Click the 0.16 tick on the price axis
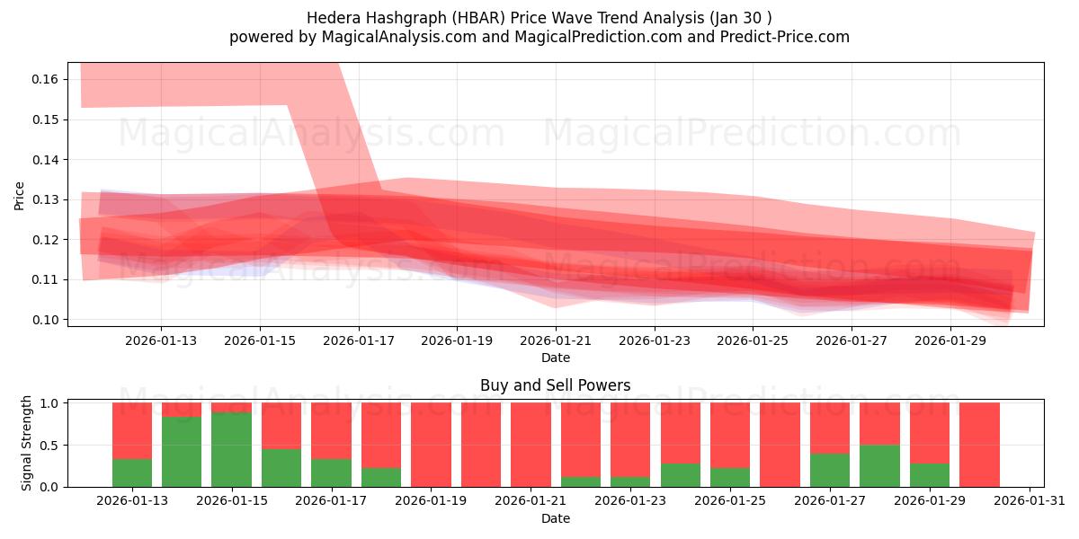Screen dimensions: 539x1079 pyautogui.click(x=46, y=80)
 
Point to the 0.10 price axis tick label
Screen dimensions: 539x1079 pyautogui.click(x=46, y=320)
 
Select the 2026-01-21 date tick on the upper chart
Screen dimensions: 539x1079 pyautogui.click(x=556, y=340)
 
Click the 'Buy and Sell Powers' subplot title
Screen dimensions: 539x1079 pyautogui.click(x=555, y=385)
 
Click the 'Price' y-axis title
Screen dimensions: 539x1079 pyautogui.click(x=20, y=195)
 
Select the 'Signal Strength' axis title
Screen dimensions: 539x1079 pyautogui.click(x=27, y=443)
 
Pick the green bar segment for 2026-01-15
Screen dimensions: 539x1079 pyautogui.click(x=231, y=449)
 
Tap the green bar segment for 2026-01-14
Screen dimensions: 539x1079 pyautogui.click(x=182, y=452)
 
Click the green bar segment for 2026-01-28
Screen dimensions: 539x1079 pyautogui.click(x=879, y=465)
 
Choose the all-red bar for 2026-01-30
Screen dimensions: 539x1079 pyautogui.click(x=979, y=445)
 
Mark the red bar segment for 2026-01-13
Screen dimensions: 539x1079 pyautogui.click(x=132, y=430)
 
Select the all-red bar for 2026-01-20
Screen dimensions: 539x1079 pyautogui.click(x=481, y=445)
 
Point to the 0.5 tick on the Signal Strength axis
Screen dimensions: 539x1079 pyautogui.click(x=50, y=445)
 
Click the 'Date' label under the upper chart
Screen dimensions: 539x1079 pyautogui.click(x=555, y=358)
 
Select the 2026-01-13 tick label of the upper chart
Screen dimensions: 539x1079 pyautogui.click(x=161, y=340)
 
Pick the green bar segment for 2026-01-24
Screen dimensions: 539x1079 pyautogui.click(x=681, y=474)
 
